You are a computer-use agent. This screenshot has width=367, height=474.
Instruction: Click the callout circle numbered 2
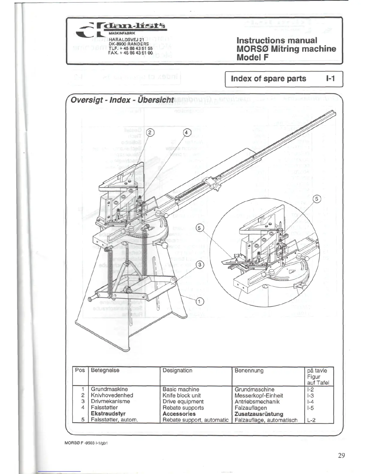[x=150, y=132]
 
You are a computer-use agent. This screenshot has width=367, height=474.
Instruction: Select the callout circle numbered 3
[x=201, y=264]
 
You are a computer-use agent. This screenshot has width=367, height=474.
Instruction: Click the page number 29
[x=341, y=455]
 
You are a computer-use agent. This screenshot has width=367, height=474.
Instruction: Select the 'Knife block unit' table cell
[x=181, y=395]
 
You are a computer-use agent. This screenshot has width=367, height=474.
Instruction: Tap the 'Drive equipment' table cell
[x=183, y=402]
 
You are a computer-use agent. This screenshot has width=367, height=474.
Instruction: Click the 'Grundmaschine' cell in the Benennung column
[x=254, y=389]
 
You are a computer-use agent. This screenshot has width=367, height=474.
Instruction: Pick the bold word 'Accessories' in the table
[x=179, y=414]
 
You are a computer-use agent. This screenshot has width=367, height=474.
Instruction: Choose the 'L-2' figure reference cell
[x=311, y=420]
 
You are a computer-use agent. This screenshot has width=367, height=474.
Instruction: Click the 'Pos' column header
[x=80, y=370]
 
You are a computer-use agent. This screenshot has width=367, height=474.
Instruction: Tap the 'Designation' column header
[x=177, y=370]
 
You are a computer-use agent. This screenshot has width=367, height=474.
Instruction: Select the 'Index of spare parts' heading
[x=268, y=79]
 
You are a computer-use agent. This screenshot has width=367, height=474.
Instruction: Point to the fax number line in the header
[x=130, y=53]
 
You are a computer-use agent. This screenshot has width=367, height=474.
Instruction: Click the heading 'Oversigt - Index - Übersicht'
[x=122, y=100]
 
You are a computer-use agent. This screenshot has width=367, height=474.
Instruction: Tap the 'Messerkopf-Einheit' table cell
[x=259, y=395]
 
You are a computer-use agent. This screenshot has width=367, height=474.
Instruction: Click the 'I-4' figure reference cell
[x=310, y=402]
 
